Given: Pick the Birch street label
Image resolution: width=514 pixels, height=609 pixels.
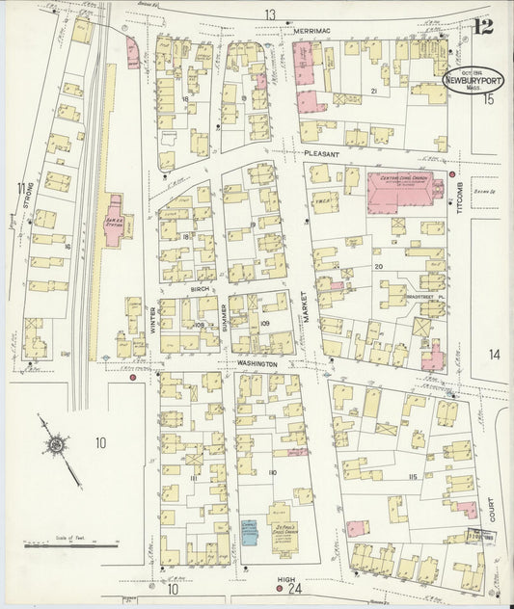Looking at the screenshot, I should tap(200, 287).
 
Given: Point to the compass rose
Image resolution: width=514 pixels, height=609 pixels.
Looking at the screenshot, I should tap(57, 444).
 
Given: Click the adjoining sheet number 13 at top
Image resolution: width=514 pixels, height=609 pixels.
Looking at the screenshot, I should tap(271, 13).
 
